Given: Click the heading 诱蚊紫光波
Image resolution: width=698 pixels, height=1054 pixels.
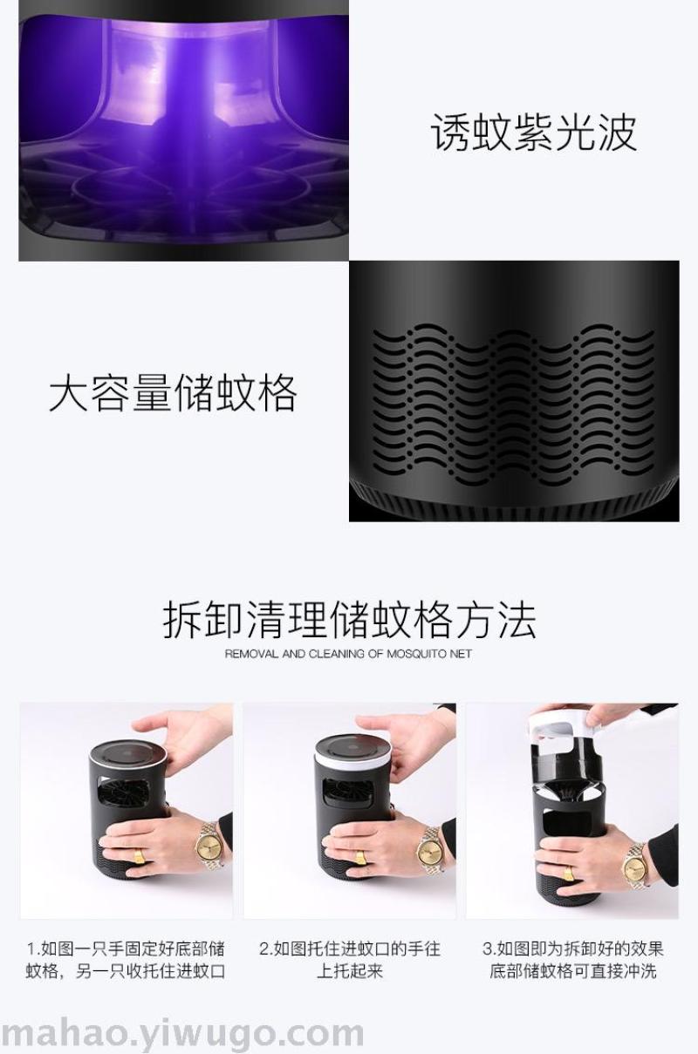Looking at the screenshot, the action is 534,133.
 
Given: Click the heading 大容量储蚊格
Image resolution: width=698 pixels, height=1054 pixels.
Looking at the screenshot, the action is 174,392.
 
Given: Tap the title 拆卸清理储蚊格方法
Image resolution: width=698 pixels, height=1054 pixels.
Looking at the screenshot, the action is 349,620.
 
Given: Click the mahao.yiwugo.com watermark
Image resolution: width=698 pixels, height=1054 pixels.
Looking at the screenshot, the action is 181,1034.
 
